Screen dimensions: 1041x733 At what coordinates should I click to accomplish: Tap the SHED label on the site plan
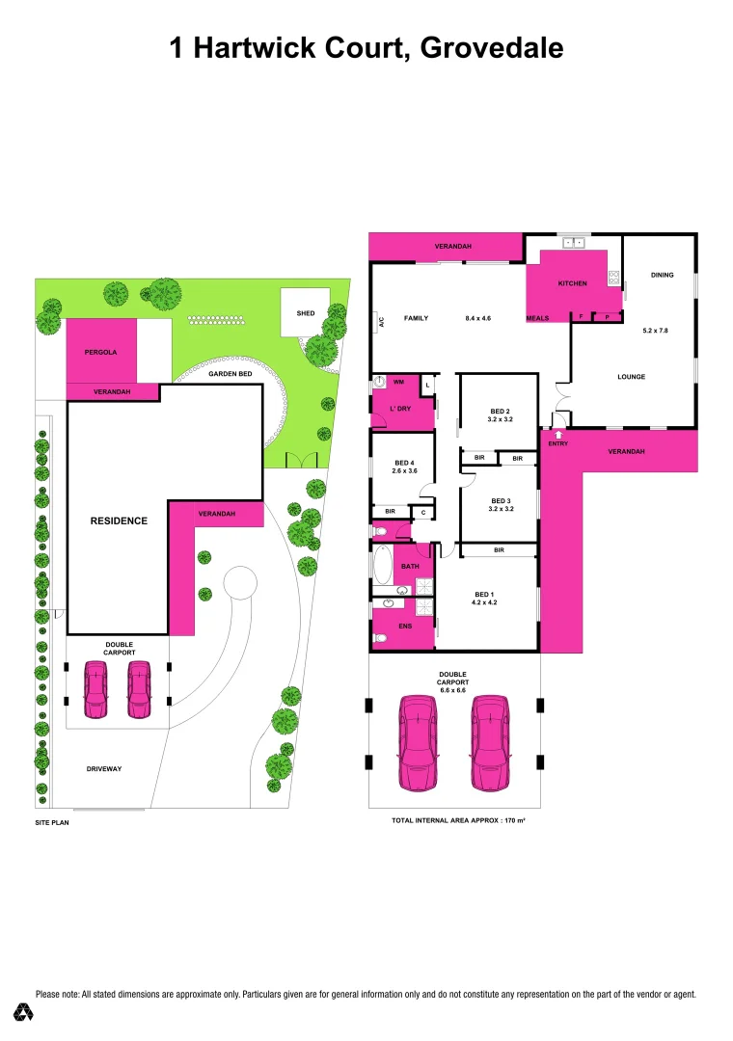[x=305, y=313]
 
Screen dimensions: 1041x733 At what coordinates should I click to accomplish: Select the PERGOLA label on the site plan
[x=100, y=353]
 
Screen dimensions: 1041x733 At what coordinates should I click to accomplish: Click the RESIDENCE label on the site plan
[x=119, y=520]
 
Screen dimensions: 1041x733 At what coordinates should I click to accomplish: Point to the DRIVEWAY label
[x=104, y=768]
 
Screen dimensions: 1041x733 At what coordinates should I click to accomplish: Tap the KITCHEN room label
[x=573, y=284]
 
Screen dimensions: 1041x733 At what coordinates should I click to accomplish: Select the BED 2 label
[x=499, y=410]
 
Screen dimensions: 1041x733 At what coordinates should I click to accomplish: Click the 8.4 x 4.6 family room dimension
[x=478, y=317]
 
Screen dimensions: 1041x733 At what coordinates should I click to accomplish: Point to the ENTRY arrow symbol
[x=557, y=435]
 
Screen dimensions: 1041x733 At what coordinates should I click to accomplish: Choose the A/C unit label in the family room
[x=381, y=324]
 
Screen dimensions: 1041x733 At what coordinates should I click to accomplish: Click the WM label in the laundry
[x=397, y=383]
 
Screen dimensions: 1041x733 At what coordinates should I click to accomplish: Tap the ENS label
[x=405, y=626]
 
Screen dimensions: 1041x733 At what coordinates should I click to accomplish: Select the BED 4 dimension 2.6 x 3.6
[x=402, y=471]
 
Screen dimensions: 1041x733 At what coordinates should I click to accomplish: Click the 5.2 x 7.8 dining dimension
[x=655, y=331]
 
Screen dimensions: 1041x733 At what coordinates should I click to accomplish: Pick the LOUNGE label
[x=632, y=377]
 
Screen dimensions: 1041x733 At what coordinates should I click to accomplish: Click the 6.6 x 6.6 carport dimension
[x=452, y=691]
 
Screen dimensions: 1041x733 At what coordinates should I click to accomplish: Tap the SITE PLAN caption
[x=52, y=823]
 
